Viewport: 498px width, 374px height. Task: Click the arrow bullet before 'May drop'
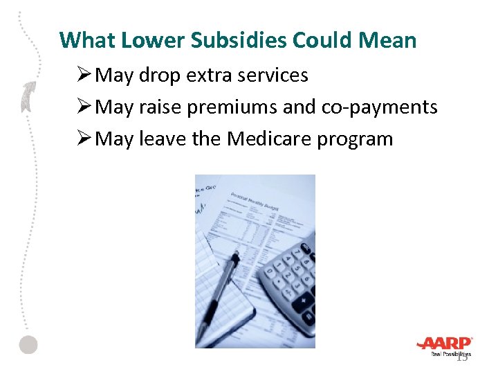pos(84,75)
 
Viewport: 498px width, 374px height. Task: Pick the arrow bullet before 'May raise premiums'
pos(84,107)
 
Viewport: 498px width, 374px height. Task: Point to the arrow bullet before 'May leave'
pos(84,139)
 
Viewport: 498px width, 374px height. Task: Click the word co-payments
pos(380,107)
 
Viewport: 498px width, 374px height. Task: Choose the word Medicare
pos(270,139)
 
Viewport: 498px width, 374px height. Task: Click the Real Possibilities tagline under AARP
pos(450,354)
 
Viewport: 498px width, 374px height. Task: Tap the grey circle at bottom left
pos(28,345)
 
